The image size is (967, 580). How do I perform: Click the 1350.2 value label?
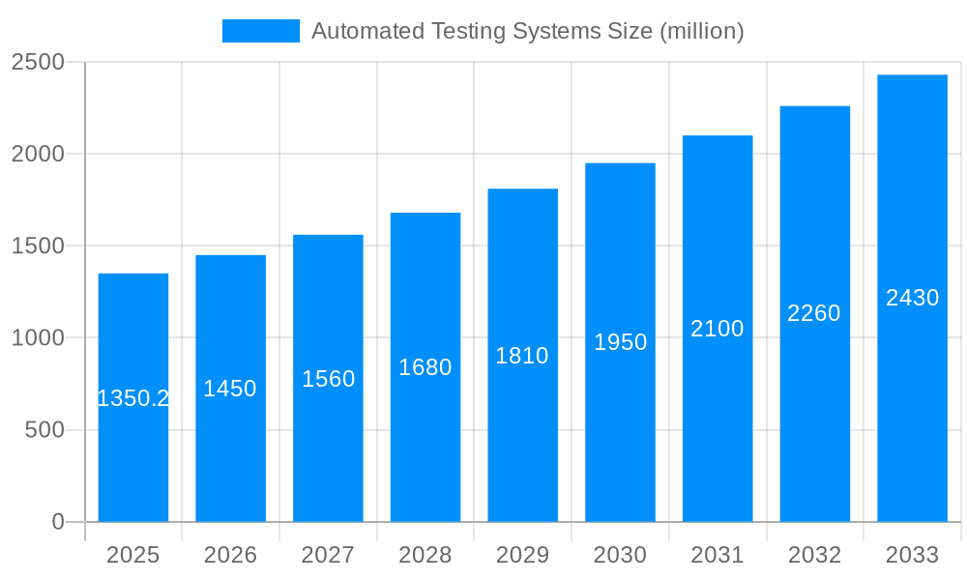tap(133, 398)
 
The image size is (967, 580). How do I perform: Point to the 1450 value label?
tap(230, 389)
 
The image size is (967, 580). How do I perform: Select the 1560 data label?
tap(329, 379)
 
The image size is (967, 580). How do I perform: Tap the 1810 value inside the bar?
tap(522, 356)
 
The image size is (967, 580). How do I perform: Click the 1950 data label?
tap(620, 342)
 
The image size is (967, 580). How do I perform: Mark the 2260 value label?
tap(814, 313)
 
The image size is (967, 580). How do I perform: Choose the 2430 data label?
tap(912, 298)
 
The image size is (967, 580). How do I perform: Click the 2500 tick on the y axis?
tap(38, 62)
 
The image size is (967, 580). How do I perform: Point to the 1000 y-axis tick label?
tap(38, 338)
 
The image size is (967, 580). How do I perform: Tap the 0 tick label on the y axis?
tap(57, 522)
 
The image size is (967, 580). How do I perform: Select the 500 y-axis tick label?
tap(44, 430)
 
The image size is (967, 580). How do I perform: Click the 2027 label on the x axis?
tap(328, 555)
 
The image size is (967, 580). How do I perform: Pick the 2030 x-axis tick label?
tap(620, 555)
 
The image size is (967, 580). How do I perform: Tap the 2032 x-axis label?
tap(814, 555)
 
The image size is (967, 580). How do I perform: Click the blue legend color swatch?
tap(261, 31)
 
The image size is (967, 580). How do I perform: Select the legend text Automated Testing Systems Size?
tap(527, 31)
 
